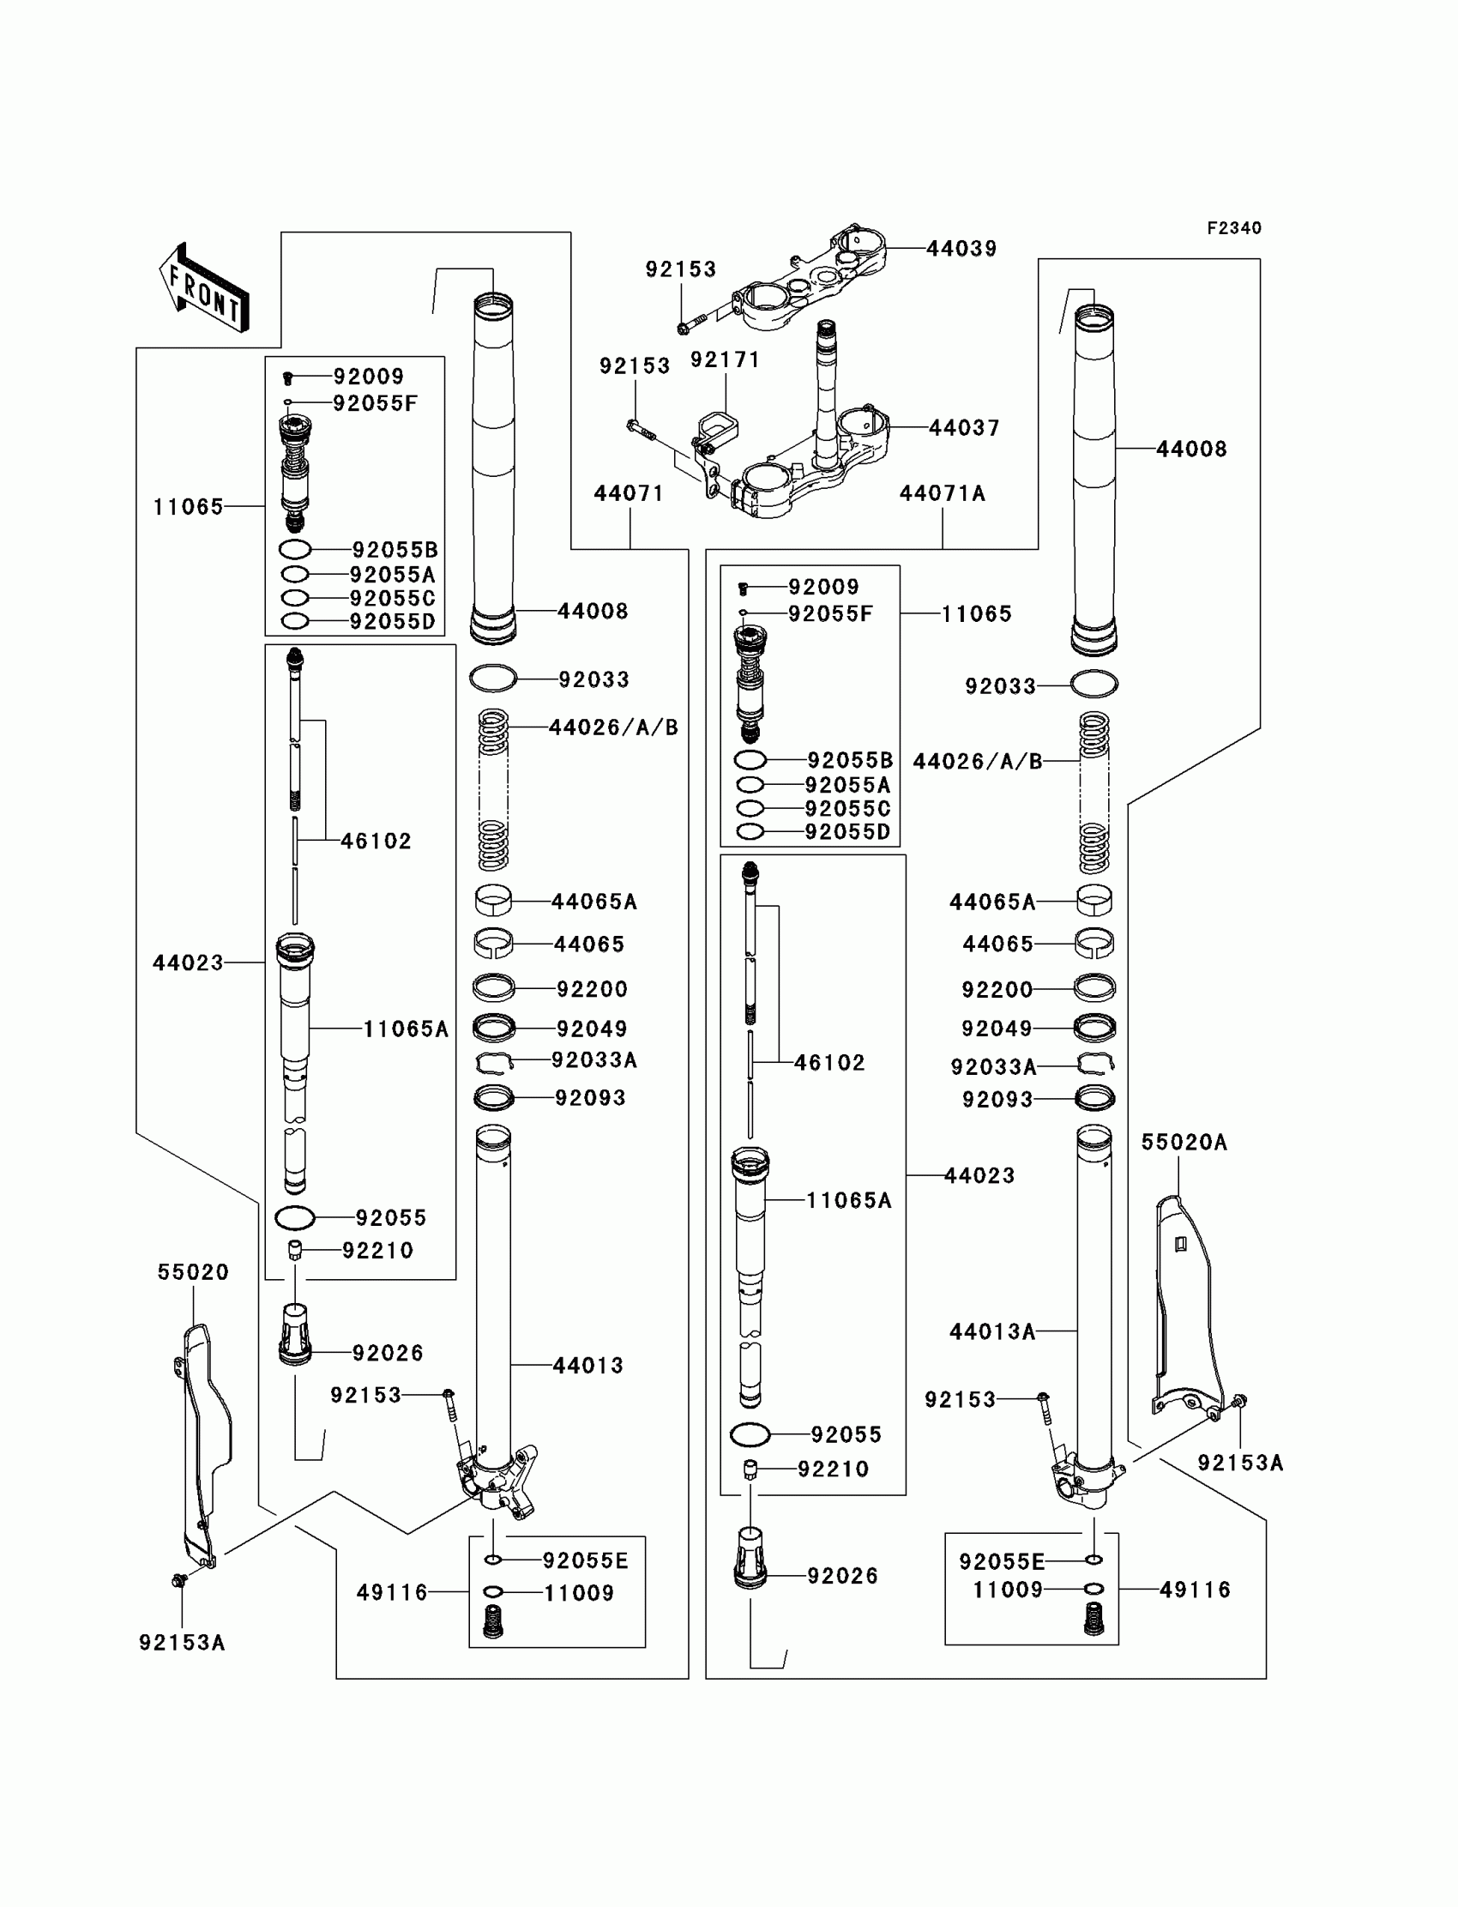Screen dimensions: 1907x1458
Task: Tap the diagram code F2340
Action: click(x=1233, y=228)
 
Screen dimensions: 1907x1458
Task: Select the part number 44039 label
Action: click(x=961, y=249)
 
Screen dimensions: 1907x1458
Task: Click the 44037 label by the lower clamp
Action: click(x=964, y=428)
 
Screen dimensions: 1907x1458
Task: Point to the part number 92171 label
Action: click(x=725, y=359)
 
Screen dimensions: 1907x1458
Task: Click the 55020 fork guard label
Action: click(x=193, y=1272)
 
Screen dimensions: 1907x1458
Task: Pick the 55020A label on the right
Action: click(x=1184, y=1144)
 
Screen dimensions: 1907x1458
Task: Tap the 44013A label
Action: click(x=992, y=1331)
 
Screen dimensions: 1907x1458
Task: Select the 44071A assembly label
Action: click(x=943, y=494)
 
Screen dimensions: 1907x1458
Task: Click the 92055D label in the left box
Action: click(x=392, y=621)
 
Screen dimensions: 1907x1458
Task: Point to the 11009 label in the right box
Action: click(x=1008, y=1590)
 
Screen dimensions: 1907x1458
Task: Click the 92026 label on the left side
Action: click(x=388, y=1353)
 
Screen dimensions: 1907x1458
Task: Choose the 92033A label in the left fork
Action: click(x=594, y=1059)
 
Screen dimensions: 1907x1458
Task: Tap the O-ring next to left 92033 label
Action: click(x=493, y=679)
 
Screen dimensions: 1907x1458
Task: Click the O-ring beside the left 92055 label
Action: click(x=295, y=1218)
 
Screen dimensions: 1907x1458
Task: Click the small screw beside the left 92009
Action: click(x=288, y=377)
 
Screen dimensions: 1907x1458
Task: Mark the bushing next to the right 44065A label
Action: click(x=1094, y=900)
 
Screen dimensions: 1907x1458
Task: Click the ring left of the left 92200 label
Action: click(x=493, y=987)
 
